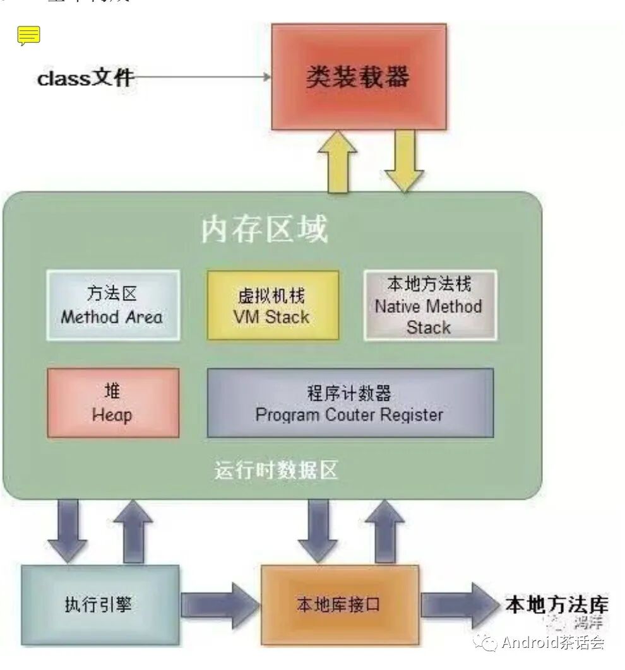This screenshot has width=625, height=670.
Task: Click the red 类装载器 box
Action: (359, 76)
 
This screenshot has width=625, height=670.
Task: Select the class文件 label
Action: (85, 78)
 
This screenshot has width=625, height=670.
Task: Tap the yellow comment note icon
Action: (28, 36)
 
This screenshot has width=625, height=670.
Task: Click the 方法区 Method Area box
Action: (112, 305)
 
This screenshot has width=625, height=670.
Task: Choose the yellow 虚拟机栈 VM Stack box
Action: (273, 305)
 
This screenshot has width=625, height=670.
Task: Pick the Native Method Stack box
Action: (429, 305)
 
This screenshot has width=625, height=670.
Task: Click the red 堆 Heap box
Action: (113, 403)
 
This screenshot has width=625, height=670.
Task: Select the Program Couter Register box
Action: (350, 403)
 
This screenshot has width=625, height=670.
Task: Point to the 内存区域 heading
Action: (265, 229)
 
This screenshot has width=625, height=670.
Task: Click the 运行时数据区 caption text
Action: (277, 470)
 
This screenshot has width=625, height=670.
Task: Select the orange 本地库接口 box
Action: (339, 604)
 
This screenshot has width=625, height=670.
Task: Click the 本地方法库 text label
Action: (556, 604)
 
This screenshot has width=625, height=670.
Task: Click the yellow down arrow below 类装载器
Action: (404, 162)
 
